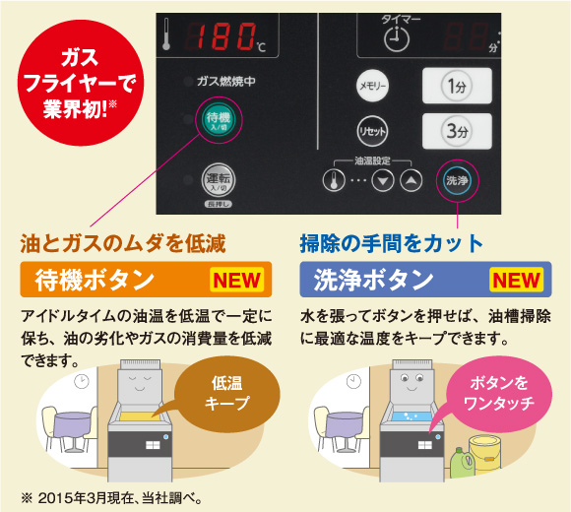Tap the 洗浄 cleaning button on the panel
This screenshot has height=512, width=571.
pyautogui.click(x=457, y=180)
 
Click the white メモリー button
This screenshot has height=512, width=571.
pyautogui.click(x=372, y=86)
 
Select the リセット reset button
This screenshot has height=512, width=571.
pyautogui.click(x=372, y=131)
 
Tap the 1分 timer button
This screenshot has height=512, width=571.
pyautogui.click(x=457, y=86)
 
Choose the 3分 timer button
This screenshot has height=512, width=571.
pyautogui.click(x=457, y=131)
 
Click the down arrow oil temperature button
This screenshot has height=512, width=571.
pyautogui.click(x=383, y=180)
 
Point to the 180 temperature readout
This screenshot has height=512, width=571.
pyautogui.click(x=222, y=35)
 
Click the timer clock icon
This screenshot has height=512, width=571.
pyautogui.click(x=397, y=38)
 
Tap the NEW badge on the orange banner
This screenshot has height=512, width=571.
pyautogui.click(x=237, y=280)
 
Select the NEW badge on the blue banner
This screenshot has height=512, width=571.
pyautogui.click(x=517, y=280)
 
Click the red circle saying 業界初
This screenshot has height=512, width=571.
pyautogui.click(x=81, y=83)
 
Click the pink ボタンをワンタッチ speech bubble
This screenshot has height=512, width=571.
pyautogui.click(x=498, y=394)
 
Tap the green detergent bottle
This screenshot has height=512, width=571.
pyautogui.click(x=462, y=464)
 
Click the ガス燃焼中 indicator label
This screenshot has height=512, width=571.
pyautogui.click(x=225, y=81)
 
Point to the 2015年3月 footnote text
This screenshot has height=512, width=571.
pyautogui.click(x=112, y=498)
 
